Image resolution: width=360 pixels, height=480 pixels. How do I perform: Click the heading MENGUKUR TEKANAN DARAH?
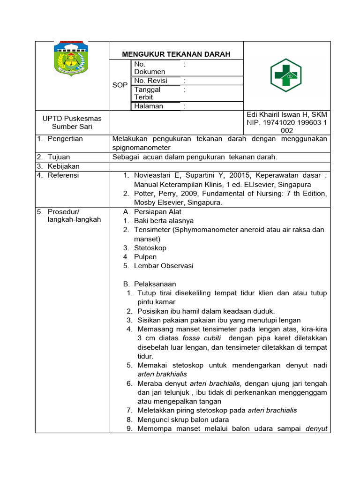176,54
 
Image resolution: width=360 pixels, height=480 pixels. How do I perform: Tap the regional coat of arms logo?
71,59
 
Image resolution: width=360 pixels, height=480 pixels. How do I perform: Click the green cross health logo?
286,75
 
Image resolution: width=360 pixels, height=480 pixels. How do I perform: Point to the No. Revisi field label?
150,81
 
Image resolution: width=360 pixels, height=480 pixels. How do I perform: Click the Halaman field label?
149,106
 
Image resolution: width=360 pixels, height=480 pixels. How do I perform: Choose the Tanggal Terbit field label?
147,93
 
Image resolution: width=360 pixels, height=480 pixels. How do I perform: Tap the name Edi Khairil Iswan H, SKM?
287,115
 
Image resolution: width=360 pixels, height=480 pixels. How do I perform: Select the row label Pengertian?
65,139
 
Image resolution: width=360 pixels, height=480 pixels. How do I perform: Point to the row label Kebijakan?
64,166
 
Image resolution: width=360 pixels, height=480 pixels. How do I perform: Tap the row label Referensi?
63,175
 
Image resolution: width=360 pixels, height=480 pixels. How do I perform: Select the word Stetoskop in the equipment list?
150,247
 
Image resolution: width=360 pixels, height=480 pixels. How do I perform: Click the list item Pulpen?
145,257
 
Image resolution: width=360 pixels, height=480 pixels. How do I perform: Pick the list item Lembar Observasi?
164,266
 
